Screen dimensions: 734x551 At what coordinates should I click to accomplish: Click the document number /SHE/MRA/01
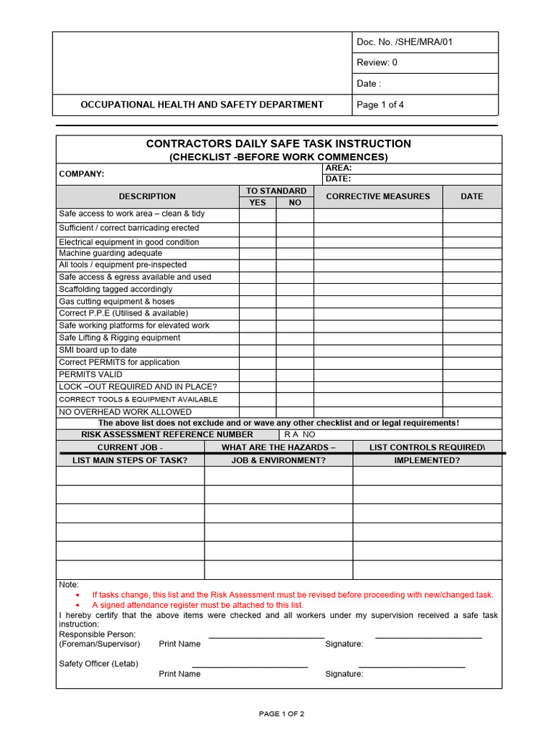point(405,42)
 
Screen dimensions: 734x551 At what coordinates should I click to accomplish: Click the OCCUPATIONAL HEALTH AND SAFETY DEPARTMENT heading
point(202,105)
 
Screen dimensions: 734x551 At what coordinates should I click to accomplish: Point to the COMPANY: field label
point(81,174)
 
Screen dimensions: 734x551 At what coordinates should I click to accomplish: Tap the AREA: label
point(339,168)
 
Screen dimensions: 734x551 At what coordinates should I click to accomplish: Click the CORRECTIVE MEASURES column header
point(378,196)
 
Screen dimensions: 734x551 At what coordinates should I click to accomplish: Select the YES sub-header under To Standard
point(258,203)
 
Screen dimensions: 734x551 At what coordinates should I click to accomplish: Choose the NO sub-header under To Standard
point(295,203)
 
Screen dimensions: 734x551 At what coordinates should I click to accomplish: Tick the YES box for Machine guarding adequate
point(258,253)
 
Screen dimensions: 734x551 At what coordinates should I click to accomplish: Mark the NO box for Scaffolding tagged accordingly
point(295,289)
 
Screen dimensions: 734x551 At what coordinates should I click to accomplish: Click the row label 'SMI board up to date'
point(98,350)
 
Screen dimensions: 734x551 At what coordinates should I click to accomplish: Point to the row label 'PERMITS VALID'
point(90,374)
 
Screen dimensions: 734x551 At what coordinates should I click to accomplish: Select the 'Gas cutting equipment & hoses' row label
point(116,302)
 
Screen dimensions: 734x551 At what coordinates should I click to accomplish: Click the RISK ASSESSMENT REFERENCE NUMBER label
point(167,434)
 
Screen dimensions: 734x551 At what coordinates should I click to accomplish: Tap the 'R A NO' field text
point(300,434)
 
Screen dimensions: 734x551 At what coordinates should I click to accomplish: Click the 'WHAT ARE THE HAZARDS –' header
point(278,447)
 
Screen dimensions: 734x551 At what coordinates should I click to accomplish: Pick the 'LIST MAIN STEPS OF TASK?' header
point(130,460)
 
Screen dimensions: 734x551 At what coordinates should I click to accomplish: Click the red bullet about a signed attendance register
point(197,605)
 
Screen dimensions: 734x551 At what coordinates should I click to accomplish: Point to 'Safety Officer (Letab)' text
point(98,664)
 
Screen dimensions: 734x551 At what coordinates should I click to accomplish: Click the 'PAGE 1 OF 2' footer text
point(281,714)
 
